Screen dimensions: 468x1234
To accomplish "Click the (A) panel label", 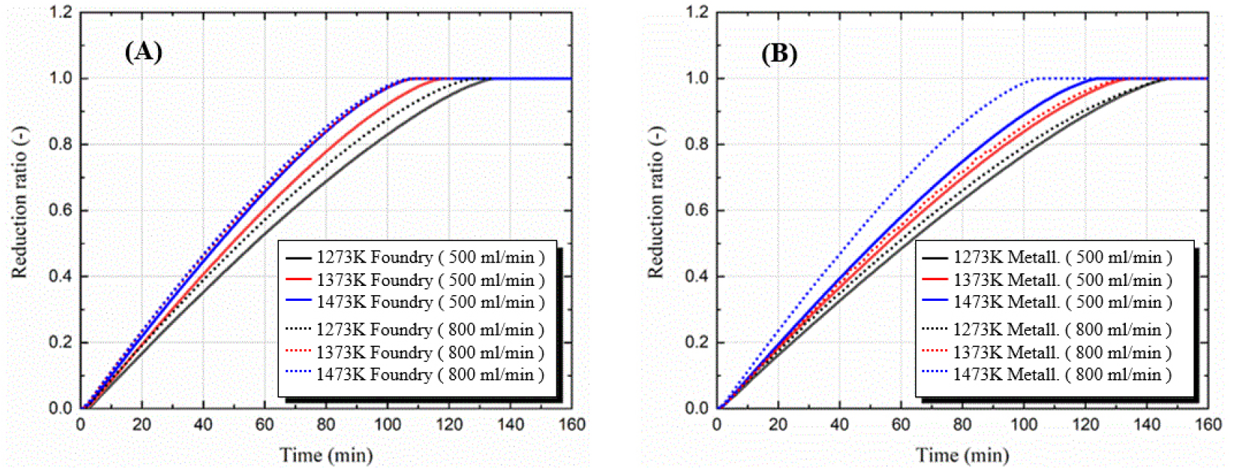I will pyautogui.click(x=143, y=51).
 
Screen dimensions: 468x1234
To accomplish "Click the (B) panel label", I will pyautogui.click(x=779, y=53).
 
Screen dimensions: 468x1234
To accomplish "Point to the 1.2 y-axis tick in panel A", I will pyautogui.click(x=60, y=12).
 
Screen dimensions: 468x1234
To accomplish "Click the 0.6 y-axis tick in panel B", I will pyautogui.click(x=697, y=211).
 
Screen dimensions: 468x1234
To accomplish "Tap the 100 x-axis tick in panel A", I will pyautogui.click(x=387, y=425).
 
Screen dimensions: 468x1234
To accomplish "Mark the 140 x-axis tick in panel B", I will pyautogui.click(x=1147, y=425).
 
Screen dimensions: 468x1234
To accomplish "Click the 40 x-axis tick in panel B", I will pyautogui.click(x=840, y=425).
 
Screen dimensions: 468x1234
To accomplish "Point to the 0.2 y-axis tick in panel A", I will pyautogui.click(x=60, y=342).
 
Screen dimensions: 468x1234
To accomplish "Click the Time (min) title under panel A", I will pyautogui.click(x=326, y=455).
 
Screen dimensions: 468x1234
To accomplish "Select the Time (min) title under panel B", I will pyautogui.click(x=962, y=455).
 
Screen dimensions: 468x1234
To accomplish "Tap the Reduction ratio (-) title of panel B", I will pyautogui.click(x=655, y=203).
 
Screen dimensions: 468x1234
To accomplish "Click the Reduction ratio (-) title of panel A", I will pyautogui.click(x=19, y=203).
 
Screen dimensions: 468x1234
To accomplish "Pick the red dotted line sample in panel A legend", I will pyautogui.click(x=298, y=351).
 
